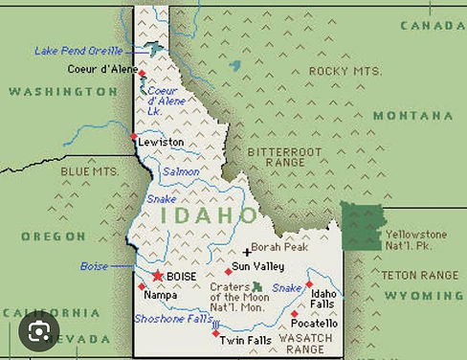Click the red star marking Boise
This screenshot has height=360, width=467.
tap(158, 276)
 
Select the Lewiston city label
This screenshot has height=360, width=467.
tap(160, 142)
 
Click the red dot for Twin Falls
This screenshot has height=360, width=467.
tap(215, 333)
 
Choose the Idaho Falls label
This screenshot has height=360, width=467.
tap(323, 299)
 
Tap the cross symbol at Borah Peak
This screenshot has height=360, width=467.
tap(247, 252)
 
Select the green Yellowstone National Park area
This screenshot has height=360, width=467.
tap(362, 226)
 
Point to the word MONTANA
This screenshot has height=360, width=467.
tap(412, 115)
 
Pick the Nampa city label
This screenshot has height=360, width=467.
tap(159, 297)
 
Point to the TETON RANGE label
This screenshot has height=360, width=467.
tap(419, 275)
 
